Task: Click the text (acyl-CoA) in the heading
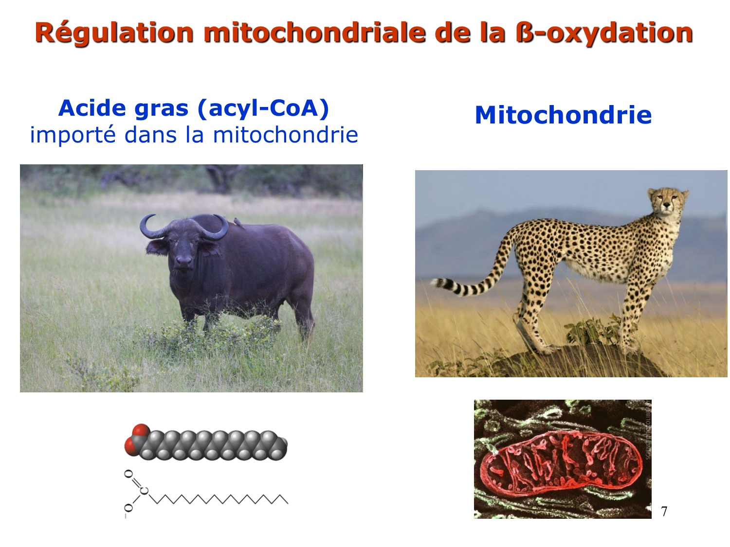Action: click(x=263, y=108)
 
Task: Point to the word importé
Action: click(x=73, y=135)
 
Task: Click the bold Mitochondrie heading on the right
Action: click(x=563, y=115)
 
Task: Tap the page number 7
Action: click(x=664, y=512)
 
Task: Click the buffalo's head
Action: click(x=183, y=248)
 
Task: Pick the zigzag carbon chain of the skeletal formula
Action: click(x=219, y=499)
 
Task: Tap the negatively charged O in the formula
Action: click(x=128, y=508)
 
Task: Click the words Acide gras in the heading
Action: click(x=124, y=108)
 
